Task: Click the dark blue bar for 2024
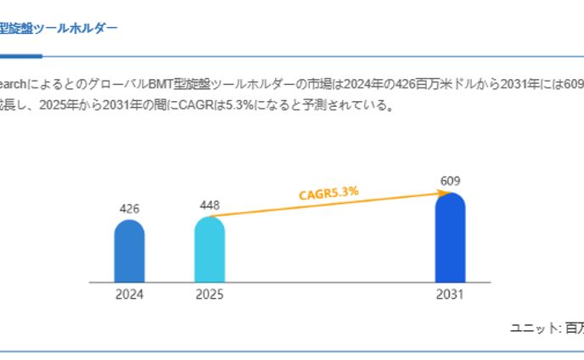pos(129,251)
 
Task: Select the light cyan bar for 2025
pos(209,250)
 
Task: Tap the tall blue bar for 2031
pos(450,238)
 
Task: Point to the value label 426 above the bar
pos(129,208)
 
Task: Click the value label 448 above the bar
pos(209,205)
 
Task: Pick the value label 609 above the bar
pos(450,181)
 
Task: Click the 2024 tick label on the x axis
pos(129,295)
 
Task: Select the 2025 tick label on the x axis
pos(209,295)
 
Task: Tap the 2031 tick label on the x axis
pos(450,295)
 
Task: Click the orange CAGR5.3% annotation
pos(328,193)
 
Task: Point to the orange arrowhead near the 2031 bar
pos(431,194)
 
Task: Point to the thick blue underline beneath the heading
pos(20,56)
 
